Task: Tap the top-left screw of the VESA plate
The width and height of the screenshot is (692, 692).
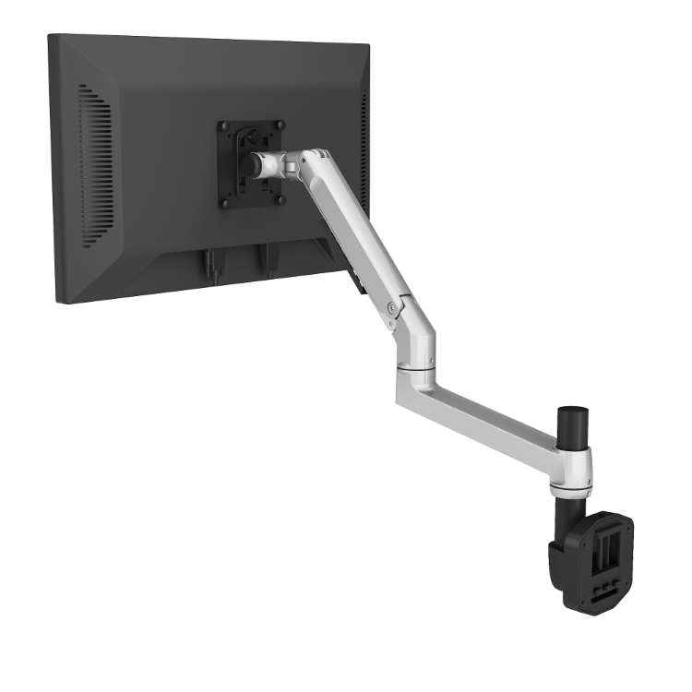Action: click(223, 125)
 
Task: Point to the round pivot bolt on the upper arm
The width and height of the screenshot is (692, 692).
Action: click(396, 306)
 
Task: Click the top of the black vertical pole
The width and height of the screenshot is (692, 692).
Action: click(573, 410)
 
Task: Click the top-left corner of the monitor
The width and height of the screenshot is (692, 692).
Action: click(51, 37)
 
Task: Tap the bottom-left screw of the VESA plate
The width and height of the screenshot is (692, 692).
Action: click(223, 203)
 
